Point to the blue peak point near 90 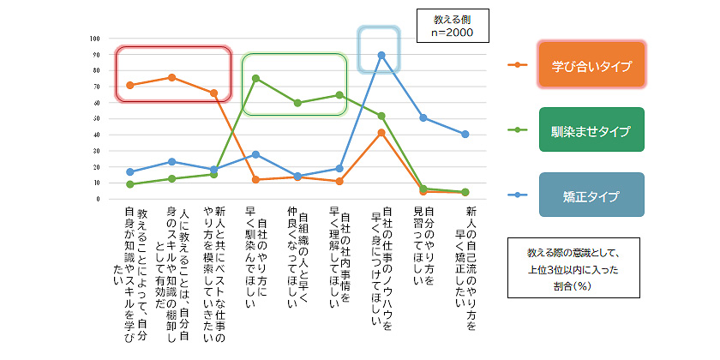click(x=381, y=55)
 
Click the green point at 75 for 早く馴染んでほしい click(x=255, y=78)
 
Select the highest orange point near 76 click(x=171, y=77)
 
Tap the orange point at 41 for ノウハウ click(x=381, y=133)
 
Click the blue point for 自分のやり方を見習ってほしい click(x=423, y=117)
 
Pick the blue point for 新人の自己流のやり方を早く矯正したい click(x=465, y=134)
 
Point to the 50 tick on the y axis click(x=95, y=118)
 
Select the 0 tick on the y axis click(x=98, y=199)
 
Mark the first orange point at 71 click(x=129, y=85)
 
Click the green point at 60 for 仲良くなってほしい click(x=297, y=103)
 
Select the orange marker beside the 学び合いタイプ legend click(x=516, y=64)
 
